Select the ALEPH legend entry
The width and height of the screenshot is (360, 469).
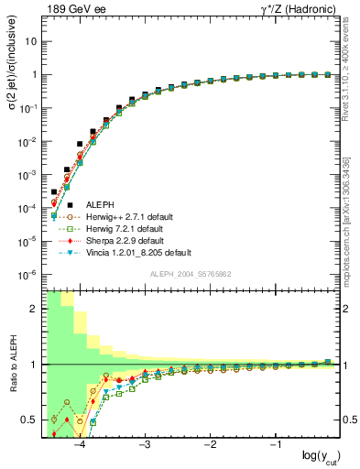coord(101,204)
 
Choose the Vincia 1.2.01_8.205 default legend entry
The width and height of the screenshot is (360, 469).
coord(139,252)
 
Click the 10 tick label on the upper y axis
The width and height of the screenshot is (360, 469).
coord(31,42)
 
